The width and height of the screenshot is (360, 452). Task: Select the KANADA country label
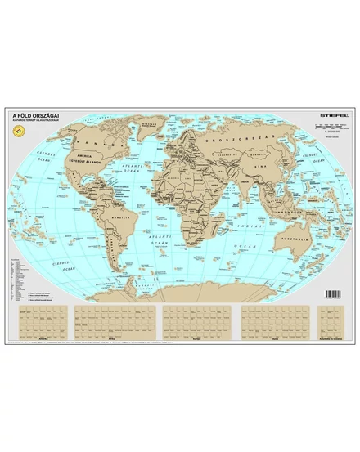tap(87, 139)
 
